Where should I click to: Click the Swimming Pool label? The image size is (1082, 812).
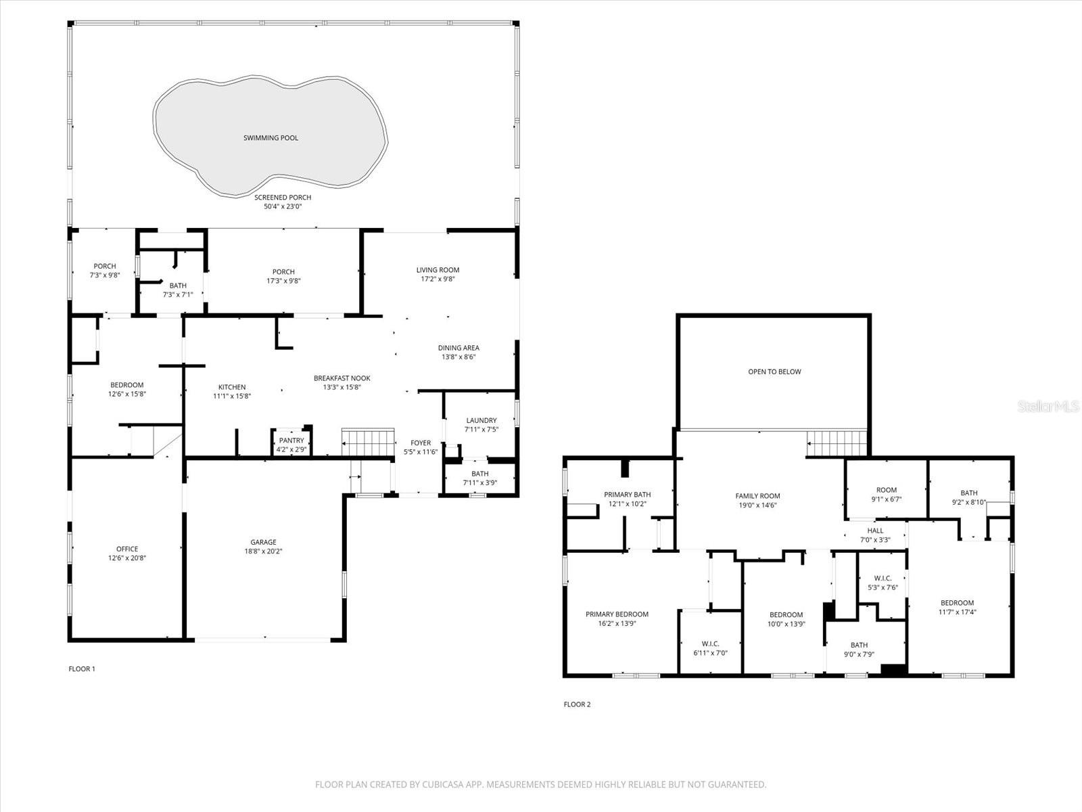[x=270, y=138]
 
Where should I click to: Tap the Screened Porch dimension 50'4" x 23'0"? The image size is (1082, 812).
[x=283, y=206]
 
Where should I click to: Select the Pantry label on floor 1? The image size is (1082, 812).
[x=292, y=441]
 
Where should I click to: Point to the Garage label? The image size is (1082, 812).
[x=263, y=542]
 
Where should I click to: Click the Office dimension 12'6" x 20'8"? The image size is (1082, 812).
[x=127, y=558]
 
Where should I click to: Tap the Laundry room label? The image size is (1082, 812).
[x=481, y=420]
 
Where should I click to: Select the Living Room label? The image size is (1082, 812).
[x=438, y=270]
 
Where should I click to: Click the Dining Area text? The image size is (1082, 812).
[x=458, y=348]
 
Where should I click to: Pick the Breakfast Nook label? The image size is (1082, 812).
[x=342, y=378]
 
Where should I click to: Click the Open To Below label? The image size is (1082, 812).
[x=774, y=371]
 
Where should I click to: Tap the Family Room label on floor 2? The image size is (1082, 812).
[x=757, y=496]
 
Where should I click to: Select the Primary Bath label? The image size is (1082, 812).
[x=627, y=495]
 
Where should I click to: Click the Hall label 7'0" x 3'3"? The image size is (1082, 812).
[x=875, y=531]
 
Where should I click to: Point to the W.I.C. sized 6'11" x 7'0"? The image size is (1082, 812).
[x=710, y=644]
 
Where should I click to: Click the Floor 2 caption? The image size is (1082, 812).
[x=577, y=704]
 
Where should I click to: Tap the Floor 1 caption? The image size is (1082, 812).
[x=82, y=669]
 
